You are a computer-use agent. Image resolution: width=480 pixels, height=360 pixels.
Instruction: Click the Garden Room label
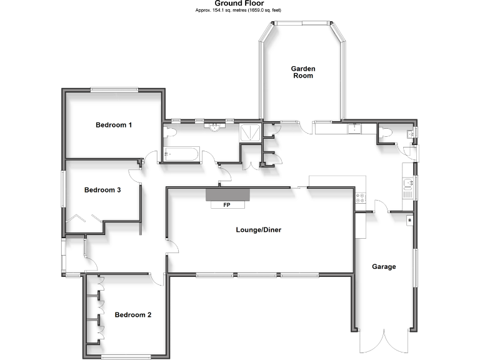(x=302, y=72)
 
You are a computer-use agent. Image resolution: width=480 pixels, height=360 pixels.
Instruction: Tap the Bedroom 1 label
(x=114, y=125)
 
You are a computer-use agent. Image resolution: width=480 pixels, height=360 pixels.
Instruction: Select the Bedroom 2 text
(x=133, y=315)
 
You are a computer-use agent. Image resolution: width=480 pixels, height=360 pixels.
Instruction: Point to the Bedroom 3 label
(x=102, y=190)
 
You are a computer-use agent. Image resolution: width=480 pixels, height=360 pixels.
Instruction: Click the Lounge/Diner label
(x=258, y=230)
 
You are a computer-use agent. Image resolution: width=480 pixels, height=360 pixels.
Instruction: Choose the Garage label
(x=384, y=267)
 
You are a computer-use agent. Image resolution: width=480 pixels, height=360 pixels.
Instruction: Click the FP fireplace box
(x=227, y=204)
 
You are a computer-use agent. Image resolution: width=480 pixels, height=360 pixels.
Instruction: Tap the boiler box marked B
(x=409, y=219)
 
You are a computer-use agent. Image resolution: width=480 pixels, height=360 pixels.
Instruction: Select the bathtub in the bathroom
(x=181, y=153)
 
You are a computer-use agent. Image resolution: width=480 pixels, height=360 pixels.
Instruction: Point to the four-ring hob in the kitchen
(x=361, y=199)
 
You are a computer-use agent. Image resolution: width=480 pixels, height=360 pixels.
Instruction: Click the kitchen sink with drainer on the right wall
(x=408, y=186)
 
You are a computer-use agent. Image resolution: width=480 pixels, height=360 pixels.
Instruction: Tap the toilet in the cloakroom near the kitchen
(x=386, y=132)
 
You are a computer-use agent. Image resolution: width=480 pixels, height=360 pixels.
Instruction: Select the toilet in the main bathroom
(x=169, y=132)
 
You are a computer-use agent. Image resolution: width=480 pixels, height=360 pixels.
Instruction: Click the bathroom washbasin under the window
(x=216, y=127)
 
